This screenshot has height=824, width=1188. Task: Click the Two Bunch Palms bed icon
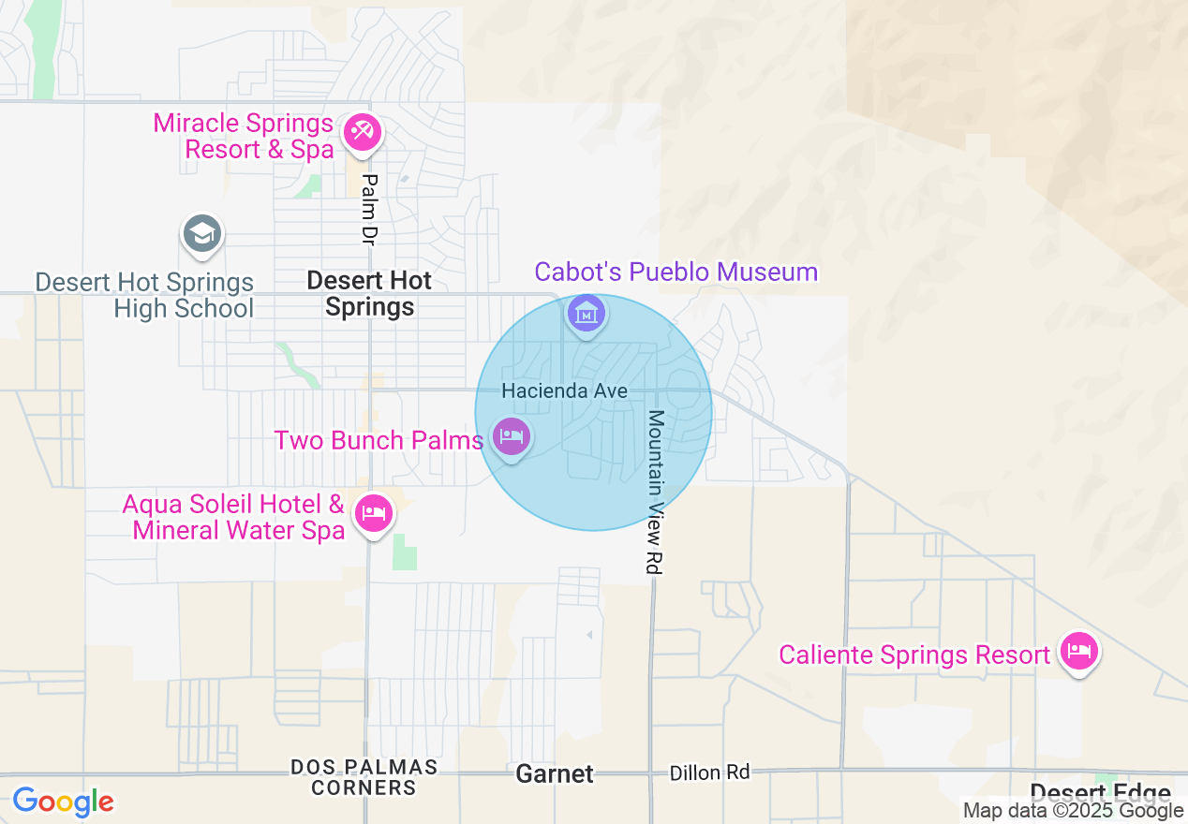click(x=512, y=436)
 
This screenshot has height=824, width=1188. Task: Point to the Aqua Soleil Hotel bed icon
click(x=374, y=513)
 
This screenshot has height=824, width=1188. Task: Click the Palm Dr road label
click(x=368, y=210)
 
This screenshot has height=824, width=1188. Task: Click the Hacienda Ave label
click(x=564, y=390)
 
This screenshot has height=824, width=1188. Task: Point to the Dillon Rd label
click(x=709, y=772)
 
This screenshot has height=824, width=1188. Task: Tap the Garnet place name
click(x=555, y=774)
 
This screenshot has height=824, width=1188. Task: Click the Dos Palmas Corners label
click(x=364, y=777)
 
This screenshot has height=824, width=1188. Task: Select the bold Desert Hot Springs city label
click(x=370, y=293)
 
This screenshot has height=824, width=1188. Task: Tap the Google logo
click(x=63, y=802)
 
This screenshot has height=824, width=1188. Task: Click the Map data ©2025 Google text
click(x=1073, y=811)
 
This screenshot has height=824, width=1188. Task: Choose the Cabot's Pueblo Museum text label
click(x=676, y=272)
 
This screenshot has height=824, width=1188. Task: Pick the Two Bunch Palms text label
click(x=379, y=440)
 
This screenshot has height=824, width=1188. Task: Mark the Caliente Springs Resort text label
click(x=914, y=655)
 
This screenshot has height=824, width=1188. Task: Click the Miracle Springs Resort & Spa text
click(x=244, y=136)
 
